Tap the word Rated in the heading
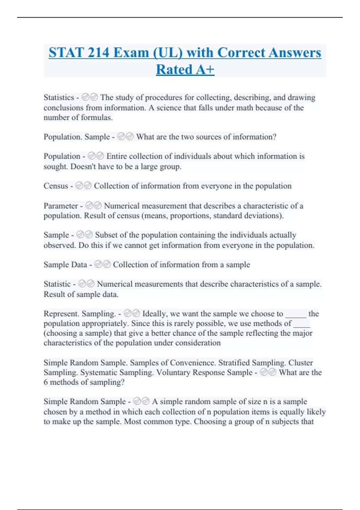174,70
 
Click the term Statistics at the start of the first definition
59,97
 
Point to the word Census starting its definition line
56,186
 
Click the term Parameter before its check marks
61,206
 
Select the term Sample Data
65,265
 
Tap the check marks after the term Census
83,186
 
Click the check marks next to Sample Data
102,265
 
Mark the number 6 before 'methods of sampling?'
46,382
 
